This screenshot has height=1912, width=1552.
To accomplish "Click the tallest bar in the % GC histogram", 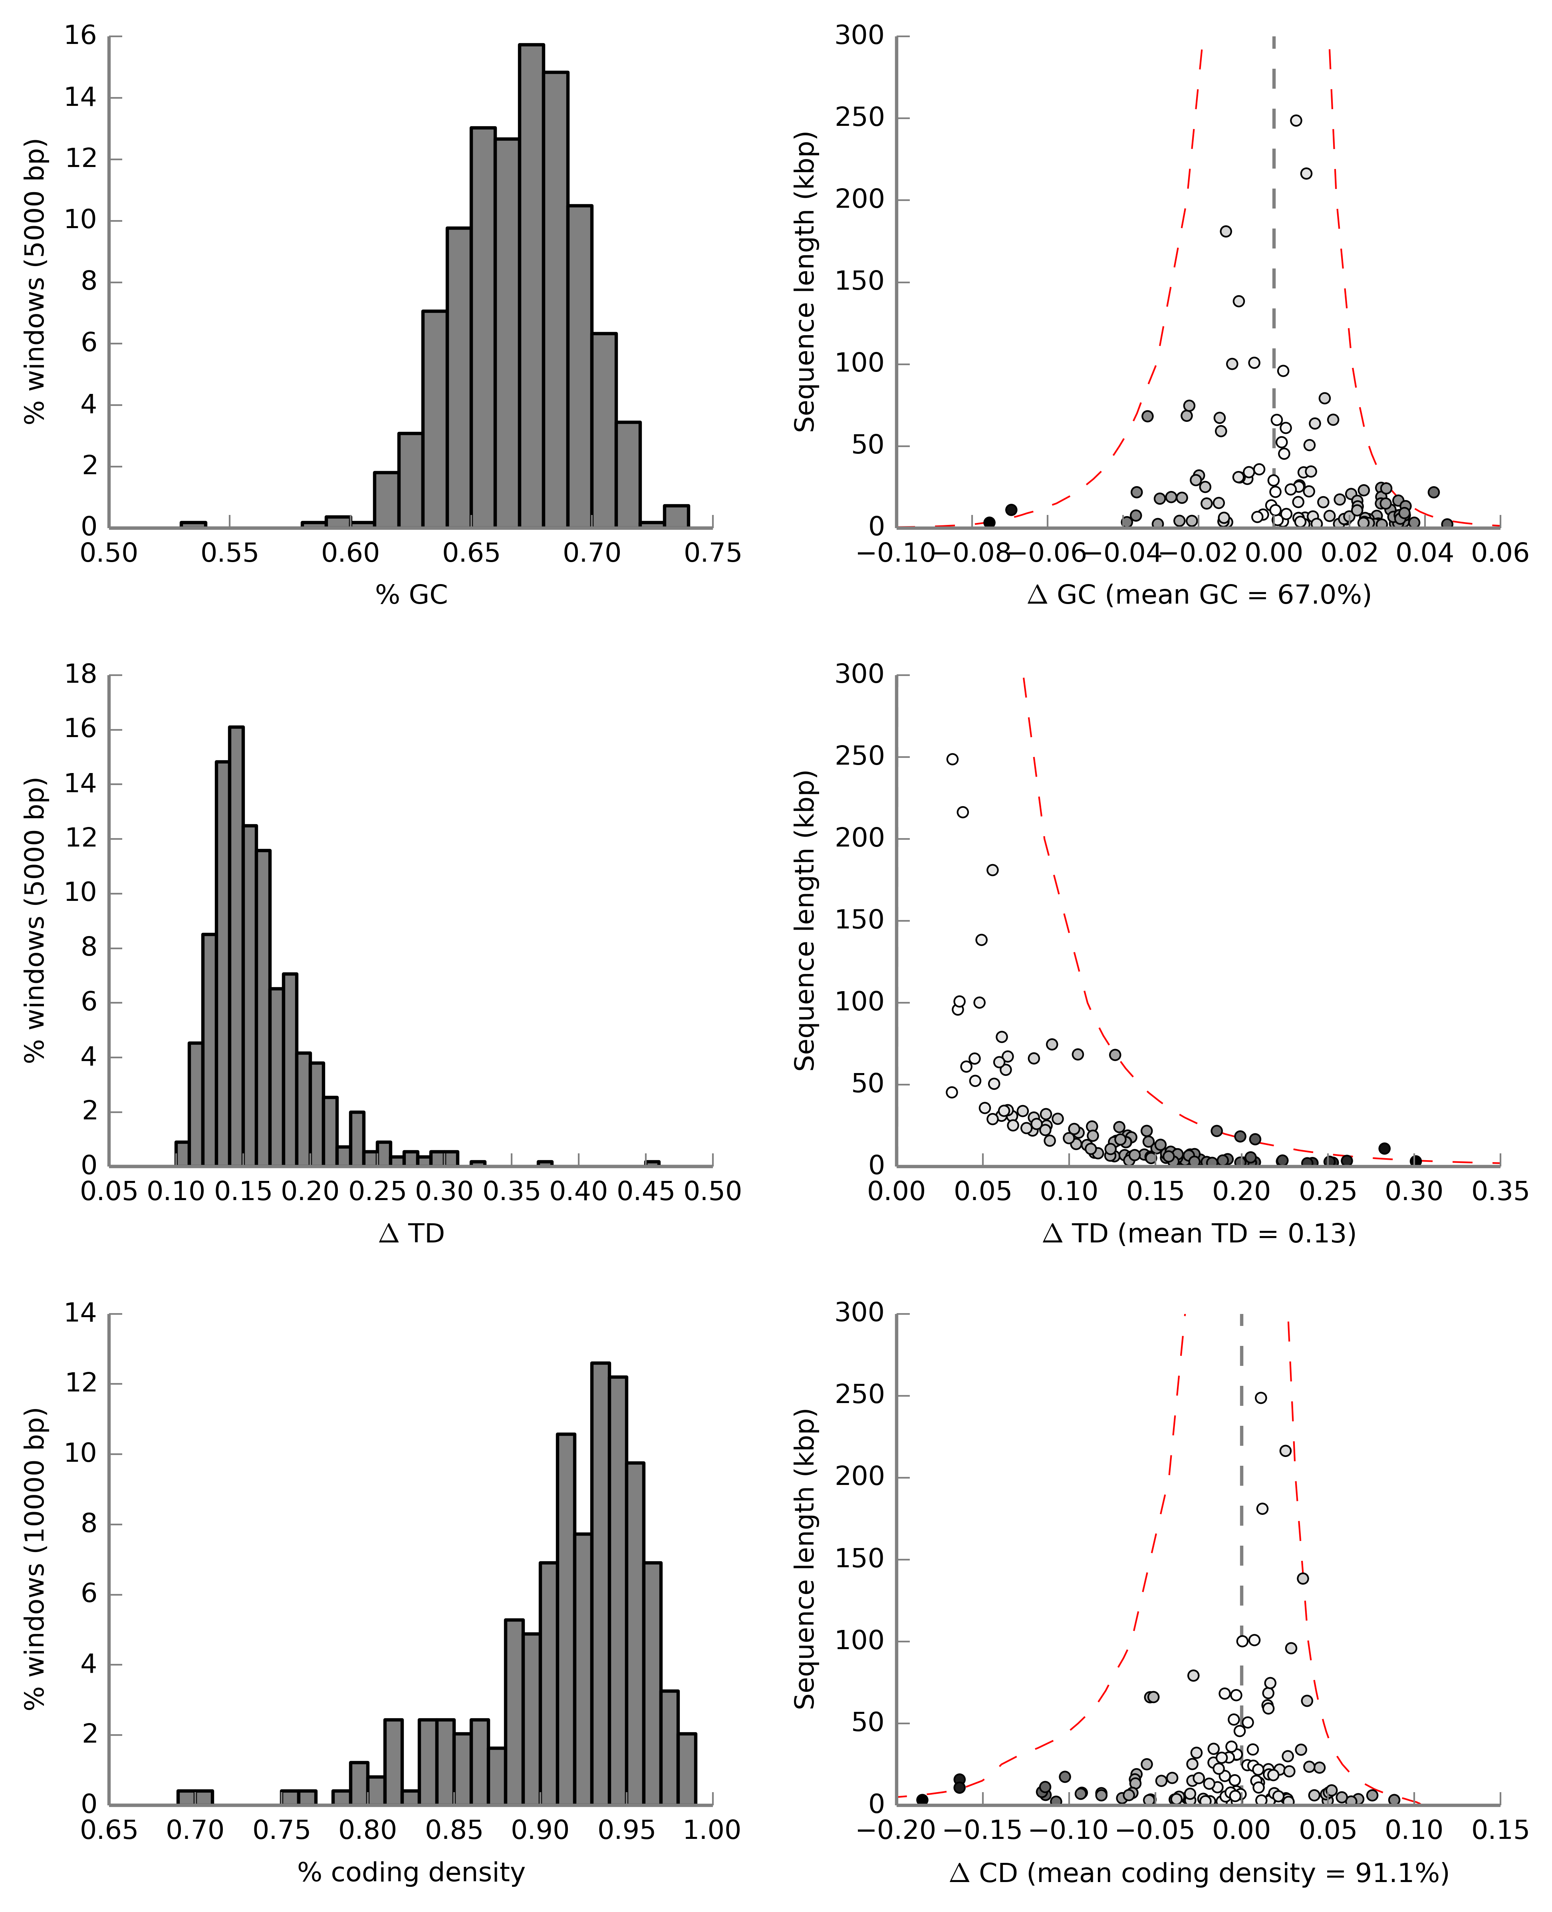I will tap(531, 286).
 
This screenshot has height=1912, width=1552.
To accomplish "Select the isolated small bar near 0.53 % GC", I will tap(193, 524).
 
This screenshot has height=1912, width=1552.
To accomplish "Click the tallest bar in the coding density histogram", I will tap(601, 1583).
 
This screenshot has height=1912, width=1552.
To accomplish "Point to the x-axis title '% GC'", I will tap(411, 595).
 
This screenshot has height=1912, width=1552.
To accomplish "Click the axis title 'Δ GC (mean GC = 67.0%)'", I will tap(1199, 595).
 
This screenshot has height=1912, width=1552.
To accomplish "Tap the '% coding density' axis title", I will tap(411, 1872).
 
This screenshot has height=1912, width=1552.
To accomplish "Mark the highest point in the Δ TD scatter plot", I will tap(952, 759).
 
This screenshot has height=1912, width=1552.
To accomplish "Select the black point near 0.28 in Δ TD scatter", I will tap(1384, 1148).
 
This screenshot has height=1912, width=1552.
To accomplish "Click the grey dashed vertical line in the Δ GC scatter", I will tap(1274, 268).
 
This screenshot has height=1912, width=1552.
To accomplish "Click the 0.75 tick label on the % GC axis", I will tap(712, 554).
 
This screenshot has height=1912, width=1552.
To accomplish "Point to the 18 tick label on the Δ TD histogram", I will tap(80, 674).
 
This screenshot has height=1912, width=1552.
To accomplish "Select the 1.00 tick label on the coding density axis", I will tap(712, 1831).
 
